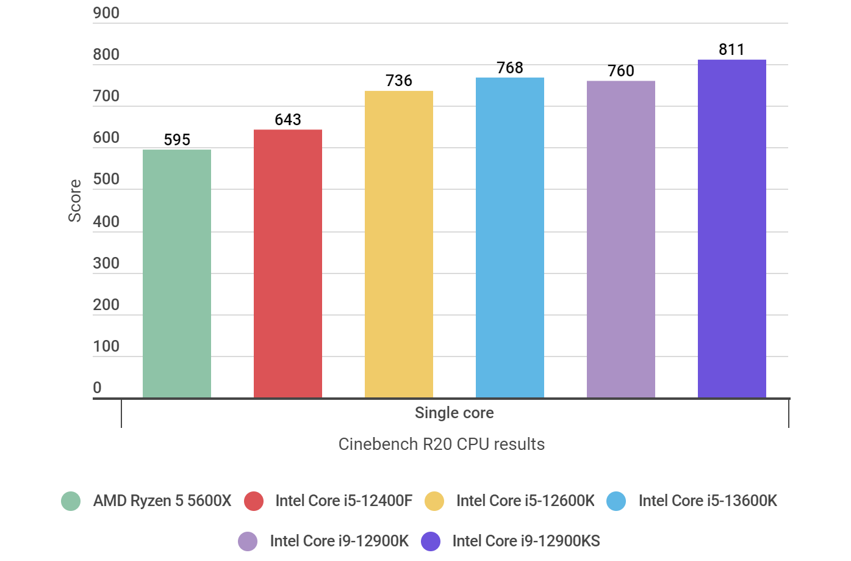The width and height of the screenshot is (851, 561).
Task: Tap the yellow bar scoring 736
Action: pos(399,244)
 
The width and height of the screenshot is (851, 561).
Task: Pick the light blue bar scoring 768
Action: pos(510,238)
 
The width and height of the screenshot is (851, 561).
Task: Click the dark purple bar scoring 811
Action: pos(732,229)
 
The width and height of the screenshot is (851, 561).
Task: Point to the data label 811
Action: pos(731,49)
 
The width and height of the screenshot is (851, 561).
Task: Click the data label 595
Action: pos(177,140)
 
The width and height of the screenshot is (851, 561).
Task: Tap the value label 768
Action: pos(510,68)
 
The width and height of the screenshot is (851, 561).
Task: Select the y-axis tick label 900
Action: pos(106,13)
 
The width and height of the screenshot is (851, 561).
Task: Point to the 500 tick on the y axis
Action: pos(106,179)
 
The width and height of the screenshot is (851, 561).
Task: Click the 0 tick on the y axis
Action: pos(97,388)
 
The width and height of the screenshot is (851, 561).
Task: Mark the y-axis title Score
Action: pos(74,201)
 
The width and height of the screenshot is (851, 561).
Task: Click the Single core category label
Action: pos(454,413)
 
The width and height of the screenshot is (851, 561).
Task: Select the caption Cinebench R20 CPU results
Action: pos(442,444)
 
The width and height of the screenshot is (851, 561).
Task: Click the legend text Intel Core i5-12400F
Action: pos(343,501)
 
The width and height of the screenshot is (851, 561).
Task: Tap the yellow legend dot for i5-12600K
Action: pos(434,501)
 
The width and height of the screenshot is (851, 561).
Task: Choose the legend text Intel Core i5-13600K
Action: pos(708,501)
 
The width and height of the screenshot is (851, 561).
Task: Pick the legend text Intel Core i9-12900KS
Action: pos(526,541)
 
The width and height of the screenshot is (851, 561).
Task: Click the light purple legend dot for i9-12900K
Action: pos(248,541)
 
